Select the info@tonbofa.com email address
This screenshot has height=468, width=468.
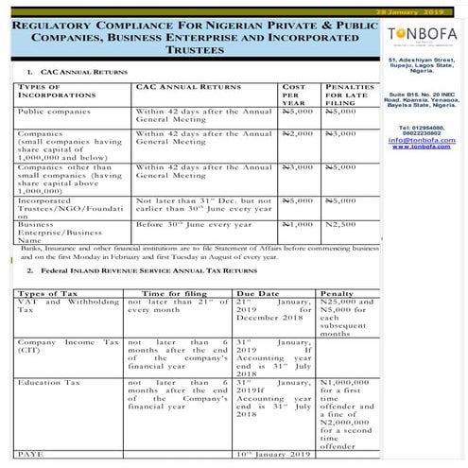[424, 139]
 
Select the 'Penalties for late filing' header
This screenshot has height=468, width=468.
[347, 95]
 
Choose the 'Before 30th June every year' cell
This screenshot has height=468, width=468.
[187, 224]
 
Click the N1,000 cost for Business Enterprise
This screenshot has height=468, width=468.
[297, 224]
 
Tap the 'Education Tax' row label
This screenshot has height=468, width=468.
[47, 383]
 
